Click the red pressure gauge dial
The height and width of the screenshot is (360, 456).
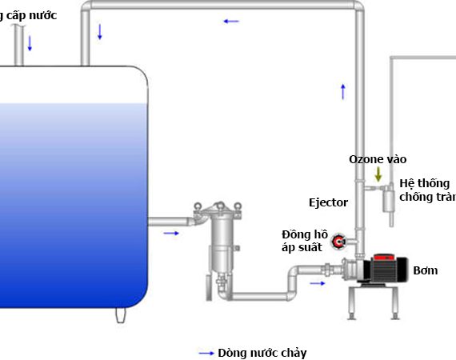pyautogui.click(x=338, y=242)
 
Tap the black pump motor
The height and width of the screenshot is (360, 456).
pyautogui.click(x=385, y=270)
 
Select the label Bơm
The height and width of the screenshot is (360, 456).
pyautogui.click(x=426, y=270)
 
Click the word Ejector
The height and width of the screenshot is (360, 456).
pyautogui.click(x=328, y=202)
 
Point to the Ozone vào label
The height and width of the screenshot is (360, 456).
pyautogui.click(x=378, y=159)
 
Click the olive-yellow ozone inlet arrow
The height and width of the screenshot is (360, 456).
pyautogui.click(x=378, y=174)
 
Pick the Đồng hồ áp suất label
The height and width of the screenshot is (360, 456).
pyautogui.click(x=305, y=241)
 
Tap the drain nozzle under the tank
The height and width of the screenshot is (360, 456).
pyautogui.click(x=121, y=315)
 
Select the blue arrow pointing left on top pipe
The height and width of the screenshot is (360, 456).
pyautogui.click(x=231, y=22)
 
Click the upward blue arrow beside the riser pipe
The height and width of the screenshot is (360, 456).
pyautogui.click(x=343, y=91)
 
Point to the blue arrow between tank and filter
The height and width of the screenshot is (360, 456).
pyautogui.click(x=171, y=234)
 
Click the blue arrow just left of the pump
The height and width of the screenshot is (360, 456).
pyautogui.click(x=318, y=283)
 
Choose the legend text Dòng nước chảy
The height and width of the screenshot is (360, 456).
pyautogui.click(x=262, y=353)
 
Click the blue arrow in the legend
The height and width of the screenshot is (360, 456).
pyautogui.click(x=206, y=354)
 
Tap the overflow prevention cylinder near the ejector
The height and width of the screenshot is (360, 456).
pyautogui.click(x=389, y=201)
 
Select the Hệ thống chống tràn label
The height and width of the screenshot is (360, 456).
pyautogui.click(x=427, y=190)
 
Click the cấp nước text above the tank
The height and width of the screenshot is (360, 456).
pyautogui.click(x=32, y=15)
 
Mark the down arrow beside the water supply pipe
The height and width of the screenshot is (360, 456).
pyautogui.click(x=30, y=43)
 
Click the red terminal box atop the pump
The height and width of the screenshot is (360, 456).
pyautogui.click(x=384, y=257)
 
